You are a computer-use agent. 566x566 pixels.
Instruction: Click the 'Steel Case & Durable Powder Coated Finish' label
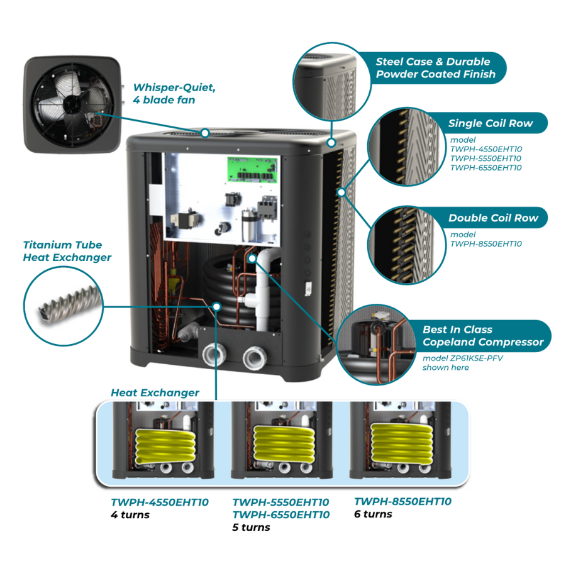click(435, 68)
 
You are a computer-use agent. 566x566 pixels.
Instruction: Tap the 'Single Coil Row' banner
click(490, 123)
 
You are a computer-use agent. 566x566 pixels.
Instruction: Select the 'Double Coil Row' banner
click(492, 218)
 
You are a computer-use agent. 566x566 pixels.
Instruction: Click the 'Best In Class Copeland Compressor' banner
click(482, 336)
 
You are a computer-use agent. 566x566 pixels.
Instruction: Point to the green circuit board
click(252, 170)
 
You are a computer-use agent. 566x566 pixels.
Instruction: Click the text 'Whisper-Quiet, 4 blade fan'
click(173, 93)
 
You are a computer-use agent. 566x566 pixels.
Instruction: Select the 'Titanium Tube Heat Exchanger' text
click(67, 251)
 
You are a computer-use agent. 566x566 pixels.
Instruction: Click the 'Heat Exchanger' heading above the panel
click(155, 392)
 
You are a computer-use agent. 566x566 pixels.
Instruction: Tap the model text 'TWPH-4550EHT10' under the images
click(159, 502)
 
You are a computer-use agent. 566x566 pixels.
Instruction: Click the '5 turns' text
click(251, 527)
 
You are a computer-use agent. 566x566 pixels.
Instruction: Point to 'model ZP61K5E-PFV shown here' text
click(462, 362)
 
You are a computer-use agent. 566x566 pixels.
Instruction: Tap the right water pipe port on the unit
click(255, 357)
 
